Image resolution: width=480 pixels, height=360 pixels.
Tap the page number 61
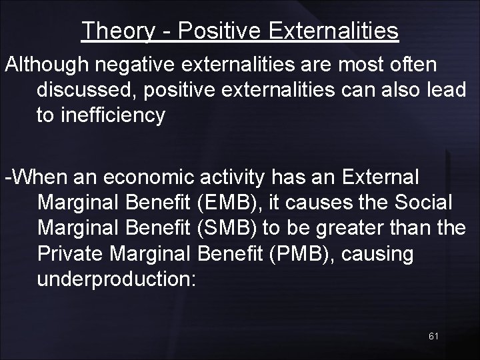433,336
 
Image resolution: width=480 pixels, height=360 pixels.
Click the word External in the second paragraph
379,178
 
